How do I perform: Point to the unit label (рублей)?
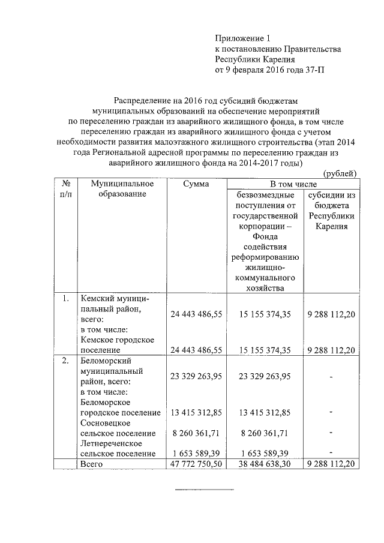340,173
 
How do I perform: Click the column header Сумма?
196,184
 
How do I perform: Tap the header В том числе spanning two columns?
292,184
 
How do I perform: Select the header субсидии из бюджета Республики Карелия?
332,211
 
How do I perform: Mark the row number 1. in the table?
66,298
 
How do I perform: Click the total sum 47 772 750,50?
196,464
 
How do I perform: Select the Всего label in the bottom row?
92,464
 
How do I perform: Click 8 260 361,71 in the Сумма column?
196,433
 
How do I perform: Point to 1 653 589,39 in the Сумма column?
196,454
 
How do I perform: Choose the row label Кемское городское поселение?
117,344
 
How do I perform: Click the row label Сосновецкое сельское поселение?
118,428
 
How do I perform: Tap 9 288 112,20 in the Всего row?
332,464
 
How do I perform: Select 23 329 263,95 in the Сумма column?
196,376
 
